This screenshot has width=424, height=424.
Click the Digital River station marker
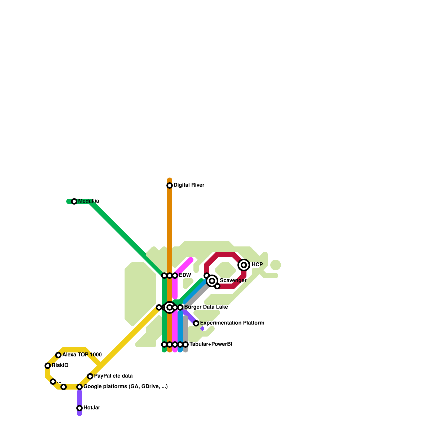[170, 185]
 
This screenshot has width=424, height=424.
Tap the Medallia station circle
[74, 201]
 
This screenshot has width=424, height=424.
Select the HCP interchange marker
[244, 265]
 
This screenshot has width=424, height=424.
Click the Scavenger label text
[233, 280]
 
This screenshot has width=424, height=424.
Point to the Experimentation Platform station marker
[196, 323]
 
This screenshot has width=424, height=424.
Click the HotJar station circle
[79, 408]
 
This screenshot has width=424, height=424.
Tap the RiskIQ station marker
[48, 366]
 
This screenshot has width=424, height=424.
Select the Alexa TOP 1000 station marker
[58, 355]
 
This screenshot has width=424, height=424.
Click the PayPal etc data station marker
[90, 376]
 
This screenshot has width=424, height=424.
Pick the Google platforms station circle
[79, 387]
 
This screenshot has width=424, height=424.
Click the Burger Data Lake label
[206, 307]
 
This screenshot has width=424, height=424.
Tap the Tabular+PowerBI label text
[211, 344]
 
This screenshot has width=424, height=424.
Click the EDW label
[185, 275]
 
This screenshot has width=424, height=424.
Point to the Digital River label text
[189, 185]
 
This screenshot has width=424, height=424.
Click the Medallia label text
[89, 201]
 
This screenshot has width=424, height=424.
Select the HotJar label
[92, 408]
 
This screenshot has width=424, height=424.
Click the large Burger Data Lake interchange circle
[170, 307]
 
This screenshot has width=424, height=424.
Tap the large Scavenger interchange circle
[212, 281]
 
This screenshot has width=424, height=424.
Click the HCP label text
[257, 264]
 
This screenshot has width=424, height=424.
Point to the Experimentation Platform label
[232, 323]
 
